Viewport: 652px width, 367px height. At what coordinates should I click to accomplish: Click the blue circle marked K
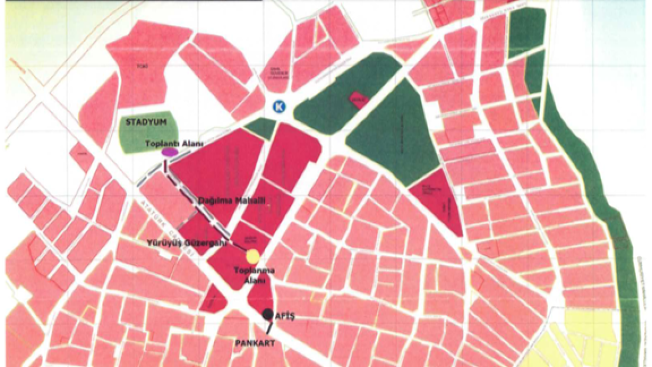[279, 106]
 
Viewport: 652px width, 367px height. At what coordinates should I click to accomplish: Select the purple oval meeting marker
[169, 152]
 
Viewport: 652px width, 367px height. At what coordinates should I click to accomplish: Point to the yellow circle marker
[253, 256]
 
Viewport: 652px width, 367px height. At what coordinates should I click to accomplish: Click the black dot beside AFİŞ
[267, 314]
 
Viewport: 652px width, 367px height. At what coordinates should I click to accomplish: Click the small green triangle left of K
[262, 127]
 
